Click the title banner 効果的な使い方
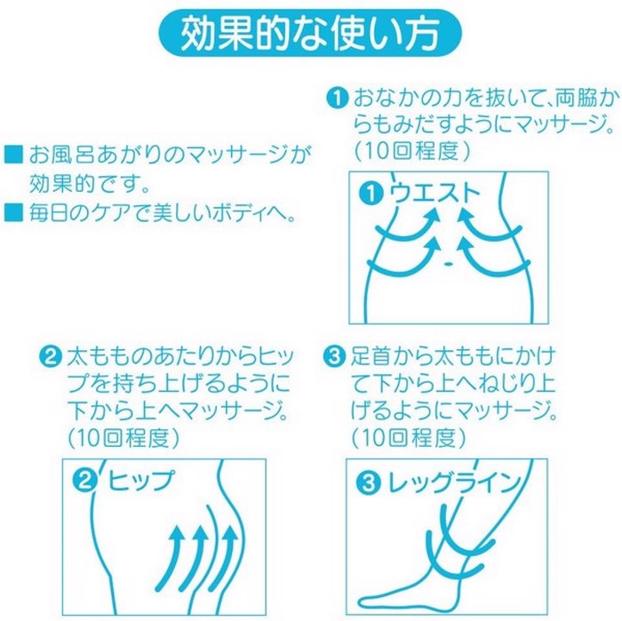[x=310, y=33]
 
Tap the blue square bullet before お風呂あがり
[x=13, y=155]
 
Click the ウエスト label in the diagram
[x=435, y=193]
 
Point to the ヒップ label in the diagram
[x=140, y=481]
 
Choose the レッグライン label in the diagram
[x=454, y=482]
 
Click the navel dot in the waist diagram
[x=448, y=263]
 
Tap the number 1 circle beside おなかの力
[x=337, y=98]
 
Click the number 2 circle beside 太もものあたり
[x=51, y=356]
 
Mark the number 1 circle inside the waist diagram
[x=371, y=193]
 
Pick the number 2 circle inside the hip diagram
[x=85, y=481]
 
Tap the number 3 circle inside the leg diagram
[x=369, y=482]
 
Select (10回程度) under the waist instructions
[x=412, y=151]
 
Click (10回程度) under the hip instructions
[x=124, y=437]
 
